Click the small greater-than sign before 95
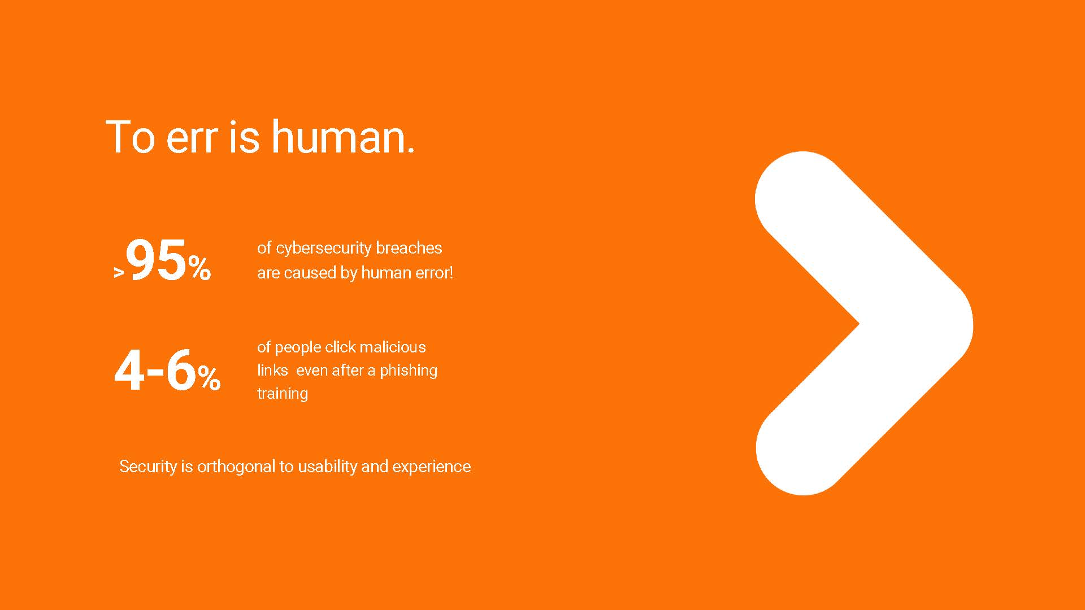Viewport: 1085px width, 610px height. pyautogui.click(x=119, y=273)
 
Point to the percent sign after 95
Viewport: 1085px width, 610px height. pyautogui.click(x=200, y=268)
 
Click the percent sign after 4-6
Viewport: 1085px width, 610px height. pyautogui.click(x=209, y=378)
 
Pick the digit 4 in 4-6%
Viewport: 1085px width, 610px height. pyautogui.click(x=129, y=371)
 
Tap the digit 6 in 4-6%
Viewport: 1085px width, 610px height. pyautogui.click(x=181, y=370)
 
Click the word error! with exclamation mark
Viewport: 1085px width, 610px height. pyautogui.click(x=435, y=273)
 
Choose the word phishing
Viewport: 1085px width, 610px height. pyautogui.click(x=409, y=371)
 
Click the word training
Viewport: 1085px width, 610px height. pyautogui.click(x=283, y=394)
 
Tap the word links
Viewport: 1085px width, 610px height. pyautogui.click(x=272, y=370)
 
